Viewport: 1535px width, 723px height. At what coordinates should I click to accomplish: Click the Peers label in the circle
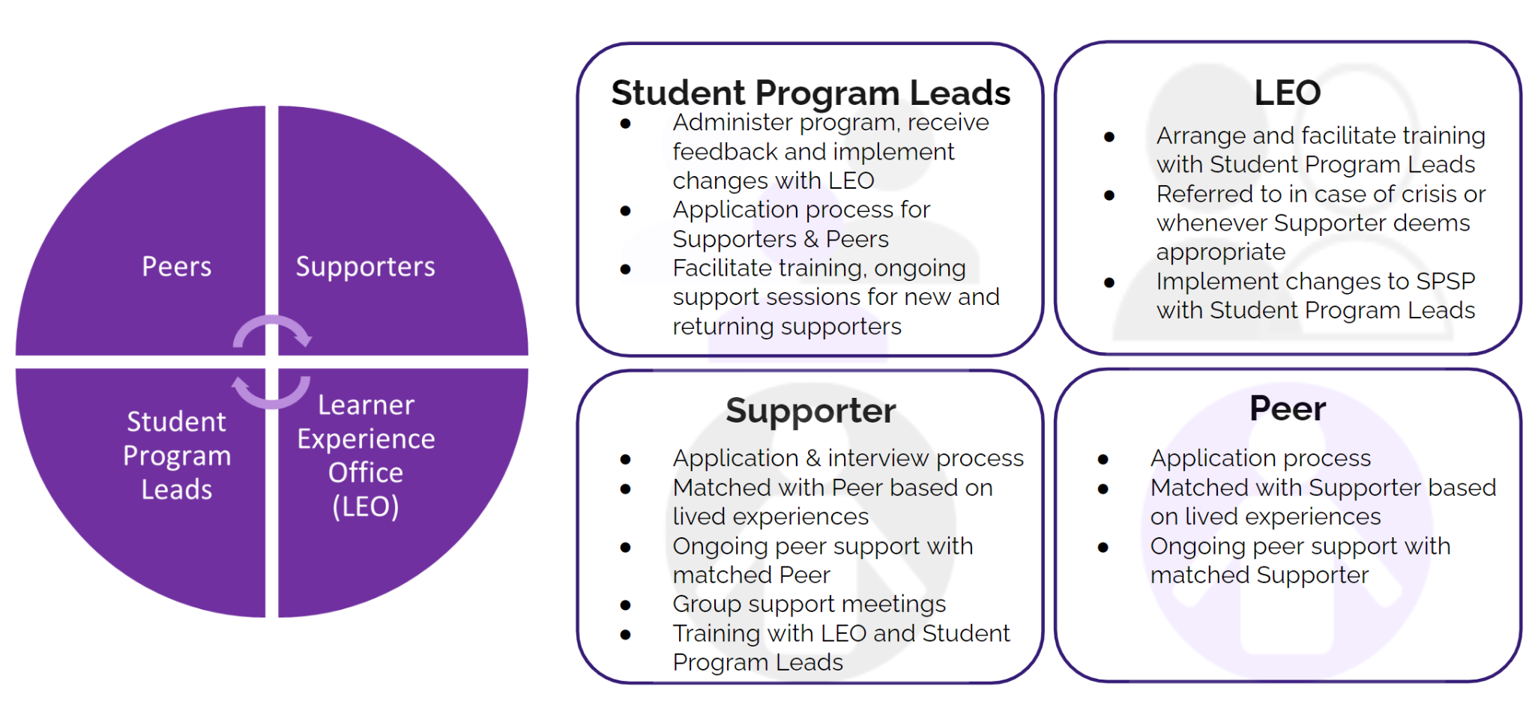[177, 267]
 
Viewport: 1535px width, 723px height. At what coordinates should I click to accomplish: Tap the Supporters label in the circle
[365, 267]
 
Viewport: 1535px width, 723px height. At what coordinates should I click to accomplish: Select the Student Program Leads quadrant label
[177, 456]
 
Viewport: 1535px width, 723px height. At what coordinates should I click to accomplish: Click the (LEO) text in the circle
[365, 506]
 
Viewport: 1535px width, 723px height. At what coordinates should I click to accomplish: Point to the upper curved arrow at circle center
[272, 330]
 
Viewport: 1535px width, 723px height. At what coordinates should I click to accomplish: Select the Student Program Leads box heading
[810, 93]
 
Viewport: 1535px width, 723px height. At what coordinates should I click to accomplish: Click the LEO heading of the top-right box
[1287, 93]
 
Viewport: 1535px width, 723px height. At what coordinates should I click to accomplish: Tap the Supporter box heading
[810, 411]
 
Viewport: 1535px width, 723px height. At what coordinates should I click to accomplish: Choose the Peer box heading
[1287, 409]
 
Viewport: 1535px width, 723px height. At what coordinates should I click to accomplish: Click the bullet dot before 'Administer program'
[625, 124]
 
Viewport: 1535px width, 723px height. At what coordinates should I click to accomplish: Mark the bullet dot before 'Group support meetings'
[625, 605]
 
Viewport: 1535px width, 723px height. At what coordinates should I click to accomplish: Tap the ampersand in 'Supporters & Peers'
[811, 239]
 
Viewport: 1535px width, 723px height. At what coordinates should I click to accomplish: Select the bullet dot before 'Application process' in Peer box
[1103, 459]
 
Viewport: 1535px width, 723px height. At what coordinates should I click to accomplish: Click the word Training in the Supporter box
[716, 634]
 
